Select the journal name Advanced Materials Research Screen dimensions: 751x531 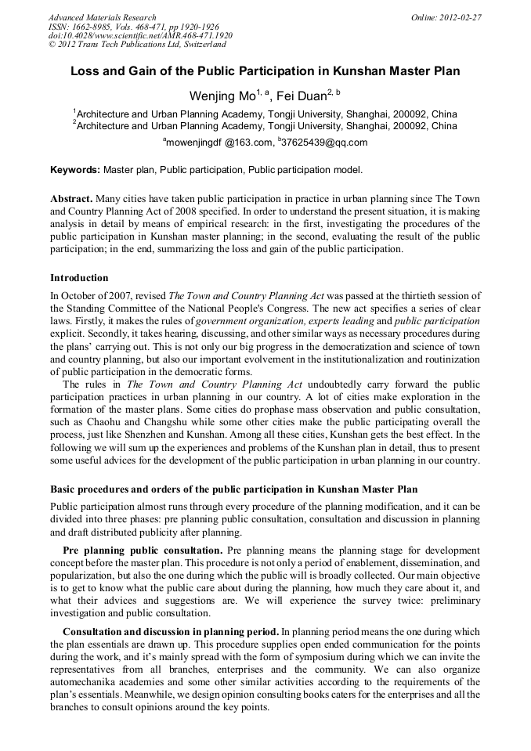click(102, 17)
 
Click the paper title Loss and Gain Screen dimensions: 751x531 click(265, 71)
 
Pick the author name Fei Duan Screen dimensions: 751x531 click(301, 97)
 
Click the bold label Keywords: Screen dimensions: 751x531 click(75, 170)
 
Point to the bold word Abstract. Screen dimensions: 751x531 click(71, 200)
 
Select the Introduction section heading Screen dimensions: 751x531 click(79, 278)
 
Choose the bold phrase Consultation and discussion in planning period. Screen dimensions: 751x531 click(171, 631)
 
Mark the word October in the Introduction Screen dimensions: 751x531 click(78, 296)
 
